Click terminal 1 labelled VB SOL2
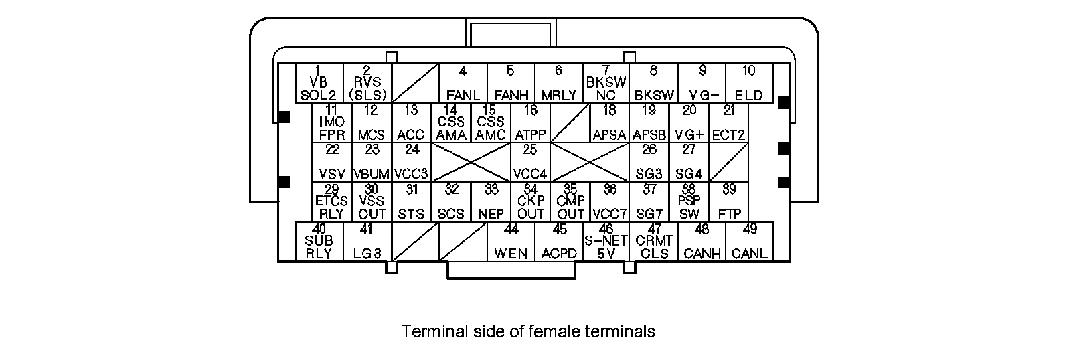click(x=319, y=83)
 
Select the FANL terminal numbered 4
click(x=463, y=83)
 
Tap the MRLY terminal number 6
click(x=559, y=83)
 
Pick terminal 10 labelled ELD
click(x=749, y=83)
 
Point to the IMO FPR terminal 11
click(x=331, y=122)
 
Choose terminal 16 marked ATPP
click(x=531, y=122)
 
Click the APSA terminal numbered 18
click(x=609, y=122)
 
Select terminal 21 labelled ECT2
click(x=729, y=122)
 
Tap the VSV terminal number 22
click(x=331, y=162)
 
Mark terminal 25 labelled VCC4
click(x=530, y=162)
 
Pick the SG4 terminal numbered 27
click(x=689, y=162)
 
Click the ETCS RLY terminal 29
click(x=331, y=201)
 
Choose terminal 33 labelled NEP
click(x=491, y=201)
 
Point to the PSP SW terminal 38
click(x=689, y=201)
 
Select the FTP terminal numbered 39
click(x=729, y=201)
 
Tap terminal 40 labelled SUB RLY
click(x=319, y=242)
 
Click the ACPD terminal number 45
click(x=559, y=242)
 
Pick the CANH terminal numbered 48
click(x=702, y=242)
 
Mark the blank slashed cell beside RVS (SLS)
click(x=414, y=83)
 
